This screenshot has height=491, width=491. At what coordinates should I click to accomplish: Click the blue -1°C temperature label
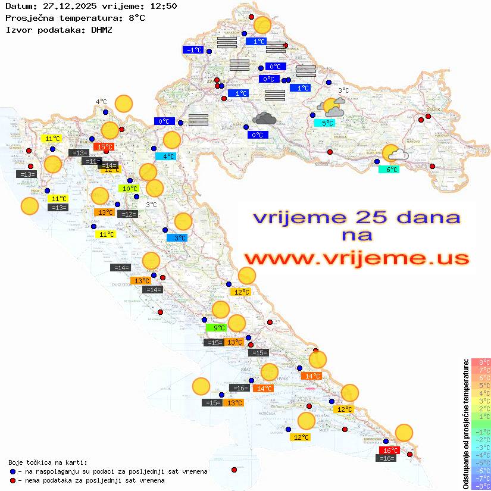[x=193, y=50]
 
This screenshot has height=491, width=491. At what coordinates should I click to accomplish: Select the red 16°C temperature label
[x=390, y=451]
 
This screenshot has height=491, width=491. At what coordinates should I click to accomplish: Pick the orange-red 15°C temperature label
[x=105, y=146]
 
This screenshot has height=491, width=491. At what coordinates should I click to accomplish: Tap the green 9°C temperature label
[x=216, y=327]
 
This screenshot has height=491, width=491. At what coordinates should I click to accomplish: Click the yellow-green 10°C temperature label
[x=130, y=189]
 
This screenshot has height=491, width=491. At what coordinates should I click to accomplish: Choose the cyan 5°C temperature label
[x=324, y=123]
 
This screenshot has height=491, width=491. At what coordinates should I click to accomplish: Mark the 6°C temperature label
[x=388, y=170]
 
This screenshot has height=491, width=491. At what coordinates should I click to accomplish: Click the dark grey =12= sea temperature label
[x=128, y=214]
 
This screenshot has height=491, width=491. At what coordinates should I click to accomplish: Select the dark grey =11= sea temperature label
[x=91, y=161]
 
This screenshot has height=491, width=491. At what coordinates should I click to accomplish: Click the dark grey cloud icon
[x=264, y=118]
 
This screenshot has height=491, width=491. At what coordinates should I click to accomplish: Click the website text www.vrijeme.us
[x=356, y=259]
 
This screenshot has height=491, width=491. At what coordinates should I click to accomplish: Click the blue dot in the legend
[x=12, y=471]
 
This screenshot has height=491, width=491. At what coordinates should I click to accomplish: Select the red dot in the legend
[x=12, y=480]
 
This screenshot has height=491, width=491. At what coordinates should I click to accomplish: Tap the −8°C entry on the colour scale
[x=480, y=486]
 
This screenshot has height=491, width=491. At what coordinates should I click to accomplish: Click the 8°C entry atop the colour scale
[x=480, y=362]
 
